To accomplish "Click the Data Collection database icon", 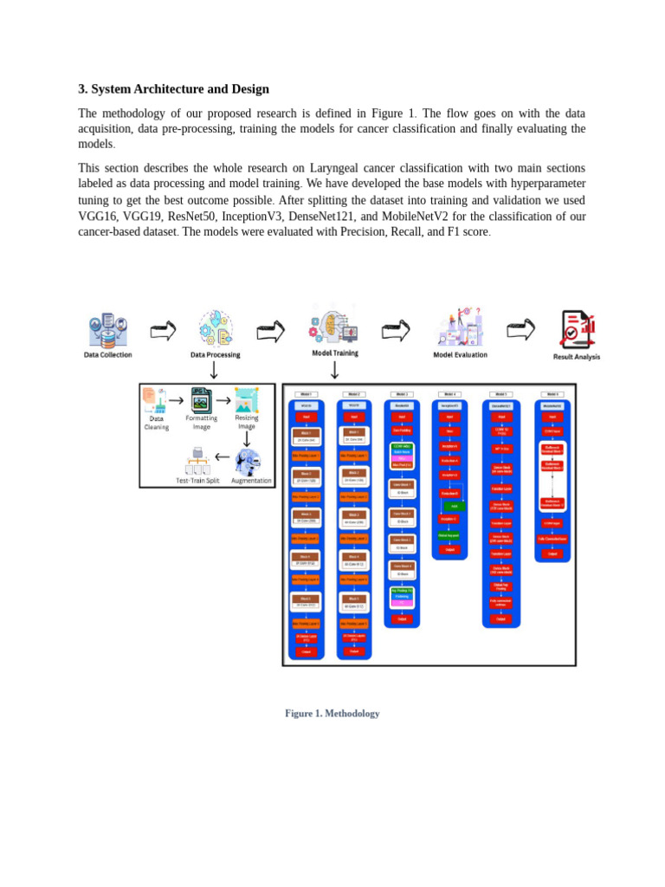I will point(108,329).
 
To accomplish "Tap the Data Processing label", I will point(215,354).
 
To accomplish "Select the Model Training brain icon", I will point(334,324).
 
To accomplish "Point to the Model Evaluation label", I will point(460,354).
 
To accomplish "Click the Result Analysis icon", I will point(577,329).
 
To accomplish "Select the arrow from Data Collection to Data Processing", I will point(162,330).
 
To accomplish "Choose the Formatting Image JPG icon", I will point(201,400).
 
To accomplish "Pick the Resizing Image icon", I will point(247,399).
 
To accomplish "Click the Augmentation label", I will point(251,481).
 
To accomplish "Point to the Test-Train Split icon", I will point(198,459).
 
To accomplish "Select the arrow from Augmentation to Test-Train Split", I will point(223,457).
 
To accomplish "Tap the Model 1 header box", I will point(306,394).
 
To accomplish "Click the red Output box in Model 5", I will point(500,618).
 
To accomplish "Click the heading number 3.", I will point(81,89).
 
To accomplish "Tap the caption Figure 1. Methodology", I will point(332,714).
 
